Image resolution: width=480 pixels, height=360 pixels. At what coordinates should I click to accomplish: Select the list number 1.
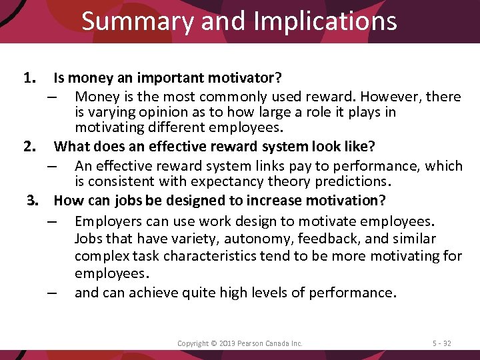[x=30, y=79]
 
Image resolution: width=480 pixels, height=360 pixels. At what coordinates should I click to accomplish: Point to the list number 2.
[x=30, y=145]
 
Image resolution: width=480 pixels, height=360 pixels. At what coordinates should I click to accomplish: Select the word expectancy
[x=224, y=181]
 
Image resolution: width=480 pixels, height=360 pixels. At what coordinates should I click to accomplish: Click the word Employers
[x=110, y=221]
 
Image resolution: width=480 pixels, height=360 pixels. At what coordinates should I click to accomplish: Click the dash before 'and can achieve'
[x=53, y=293]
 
